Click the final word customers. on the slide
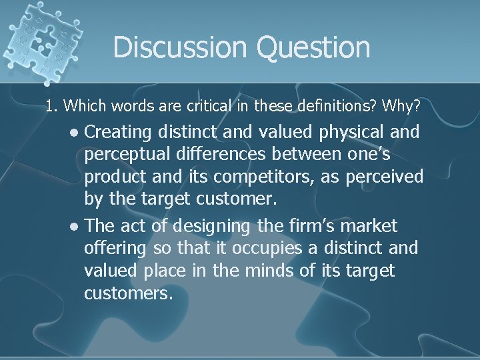(129, 293)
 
